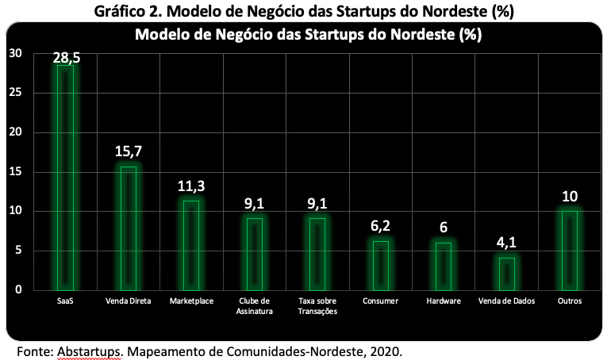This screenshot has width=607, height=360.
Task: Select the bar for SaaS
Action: coord(65,178)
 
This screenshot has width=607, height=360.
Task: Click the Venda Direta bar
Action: coord(129,228)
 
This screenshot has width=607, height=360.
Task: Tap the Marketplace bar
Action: coord(191,246)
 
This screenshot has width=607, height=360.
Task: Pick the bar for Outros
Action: coord(570,251)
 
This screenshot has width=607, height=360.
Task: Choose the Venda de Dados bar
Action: coord(507,274)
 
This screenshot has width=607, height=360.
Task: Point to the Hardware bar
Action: coord(444,266)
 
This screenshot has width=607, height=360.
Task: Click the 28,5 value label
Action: coord(67,58)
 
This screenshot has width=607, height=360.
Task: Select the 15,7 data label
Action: coord(129,151)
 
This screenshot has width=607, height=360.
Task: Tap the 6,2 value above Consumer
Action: coord(381,226)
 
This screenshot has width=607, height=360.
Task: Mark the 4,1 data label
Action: coord(507,243)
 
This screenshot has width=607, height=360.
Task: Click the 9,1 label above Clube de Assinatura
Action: coord(255,203)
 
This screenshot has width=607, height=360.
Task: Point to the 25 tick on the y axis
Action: coord(16,93)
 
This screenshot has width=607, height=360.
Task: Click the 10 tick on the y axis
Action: coord(16,211)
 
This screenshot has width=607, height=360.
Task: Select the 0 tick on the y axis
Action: coord(18,289)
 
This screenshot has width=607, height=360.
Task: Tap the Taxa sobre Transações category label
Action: coord(317,306)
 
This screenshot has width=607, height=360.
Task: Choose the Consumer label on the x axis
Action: coord(381,301)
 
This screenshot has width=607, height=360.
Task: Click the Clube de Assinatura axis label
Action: coord(255,306)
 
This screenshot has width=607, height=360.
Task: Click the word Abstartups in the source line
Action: coord(90,352)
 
